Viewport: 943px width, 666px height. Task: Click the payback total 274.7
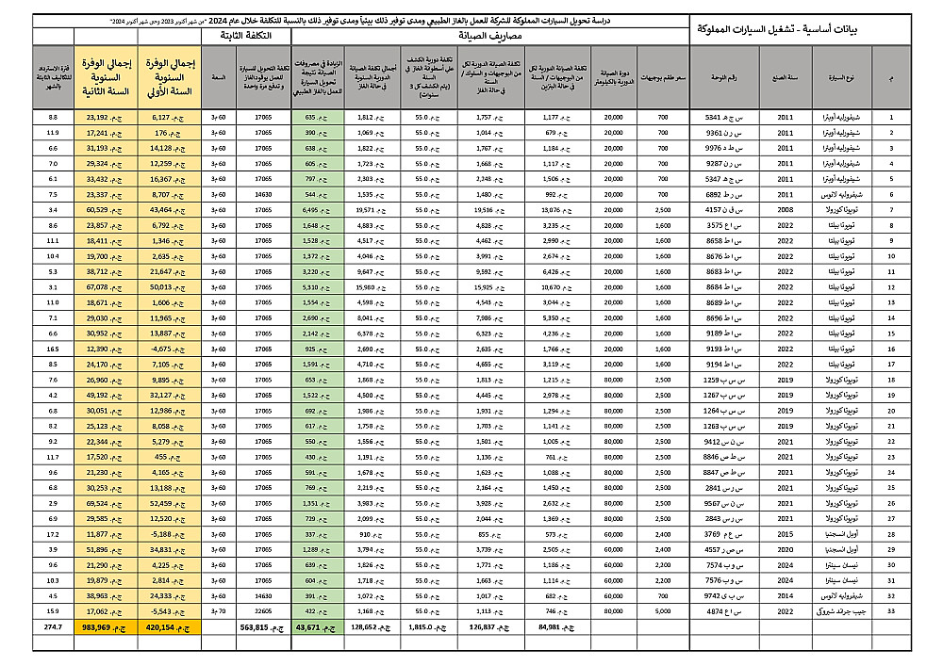pyautogui.click(x=53, y=625)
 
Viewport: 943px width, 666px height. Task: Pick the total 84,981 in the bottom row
pyautogui.click(x=557, y=625)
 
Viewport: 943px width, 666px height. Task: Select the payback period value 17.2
pyautogui.click(x=53, y=532)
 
